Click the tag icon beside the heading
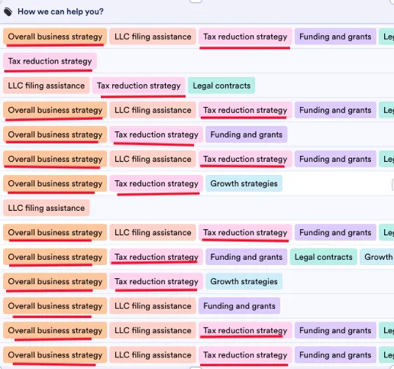8,11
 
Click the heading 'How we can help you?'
60,11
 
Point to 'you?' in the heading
95,12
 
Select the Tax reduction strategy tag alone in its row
50,61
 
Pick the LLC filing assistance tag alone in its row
47,208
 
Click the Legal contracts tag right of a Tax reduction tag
221,86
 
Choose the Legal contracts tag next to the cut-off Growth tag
324,257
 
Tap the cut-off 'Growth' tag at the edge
377,257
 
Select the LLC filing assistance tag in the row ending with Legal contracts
47,86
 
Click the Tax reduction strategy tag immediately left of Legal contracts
139,86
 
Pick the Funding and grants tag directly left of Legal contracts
247,257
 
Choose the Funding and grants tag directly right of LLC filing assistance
239,306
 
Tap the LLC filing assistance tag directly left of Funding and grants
153,306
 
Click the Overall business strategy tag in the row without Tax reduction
55,306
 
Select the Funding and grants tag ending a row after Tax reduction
247,134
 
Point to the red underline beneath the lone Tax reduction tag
48,70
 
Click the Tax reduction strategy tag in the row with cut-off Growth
157,257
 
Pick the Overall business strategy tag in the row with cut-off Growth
55,257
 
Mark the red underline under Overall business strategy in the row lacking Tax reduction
52,316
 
